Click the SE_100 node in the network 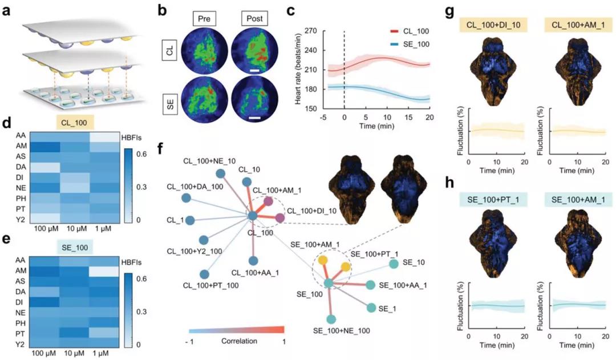tap(328, 282)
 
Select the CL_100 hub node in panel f tap(253, 215)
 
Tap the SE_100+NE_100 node tap(331, 319)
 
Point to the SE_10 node tap(393, 264)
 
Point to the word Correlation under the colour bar tap(236, 341)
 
